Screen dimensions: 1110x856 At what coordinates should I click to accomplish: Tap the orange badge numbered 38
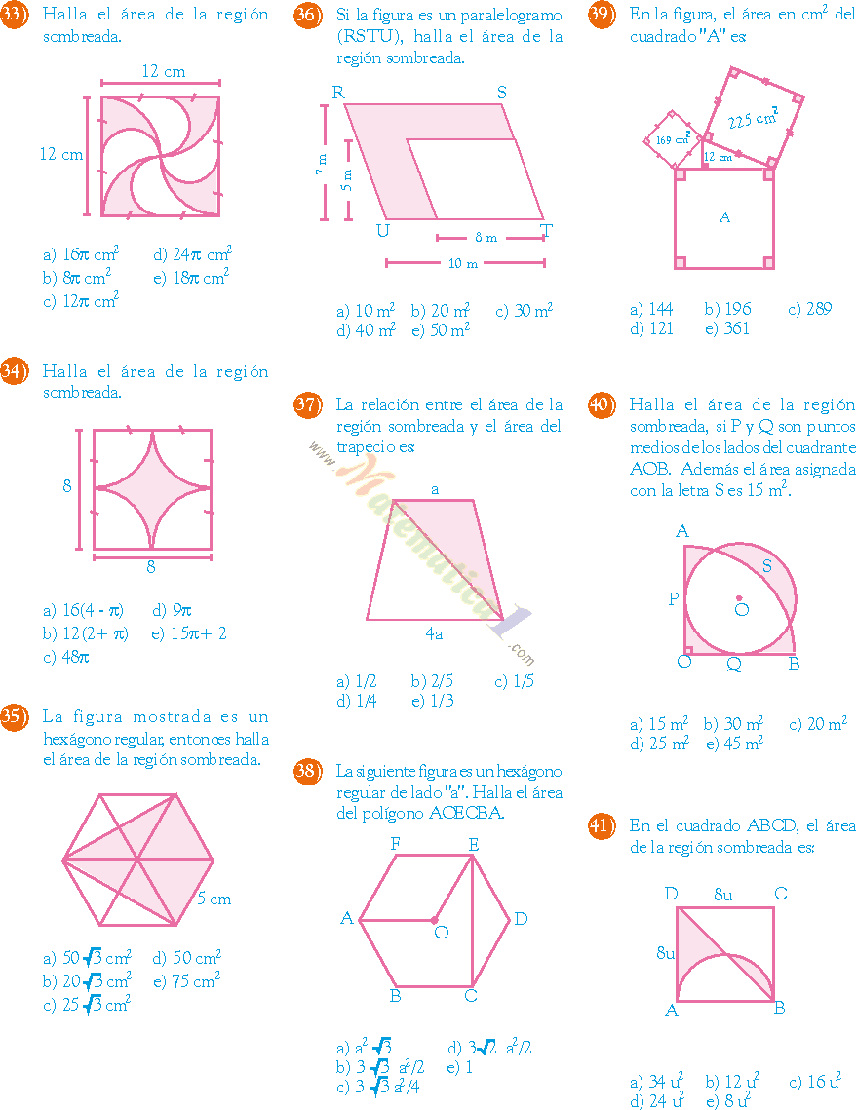tap(307, 771)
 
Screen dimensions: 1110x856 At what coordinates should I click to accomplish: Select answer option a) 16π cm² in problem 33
tap(81, 255)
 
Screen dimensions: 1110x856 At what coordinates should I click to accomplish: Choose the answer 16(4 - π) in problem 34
tap(84, 611)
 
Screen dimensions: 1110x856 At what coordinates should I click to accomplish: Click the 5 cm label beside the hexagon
tap(214, 899)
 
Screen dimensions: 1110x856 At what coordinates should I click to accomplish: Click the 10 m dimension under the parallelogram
tap(463, 263)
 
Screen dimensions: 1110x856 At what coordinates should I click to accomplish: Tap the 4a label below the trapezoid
tap(434, 634)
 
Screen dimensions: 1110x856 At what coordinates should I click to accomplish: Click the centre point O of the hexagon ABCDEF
tap(435, 919)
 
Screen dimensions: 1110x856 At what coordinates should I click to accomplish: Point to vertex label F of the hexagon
tap(396, 844)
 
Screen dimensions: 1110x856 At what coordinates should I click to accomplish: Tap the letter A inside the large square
tap(724, 218)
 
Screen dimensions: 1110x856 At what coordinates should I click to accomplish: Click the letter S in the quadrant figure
tap(766, 565)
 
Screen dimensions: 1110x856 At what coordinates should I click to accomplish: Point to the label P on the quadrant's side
tap(673, 599)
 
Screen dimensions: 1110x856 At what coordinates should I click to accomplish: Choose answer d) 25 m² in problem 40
tap(659, 744)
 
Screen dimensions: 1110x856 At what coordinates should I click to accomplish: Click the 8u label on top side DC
tap(724, 894)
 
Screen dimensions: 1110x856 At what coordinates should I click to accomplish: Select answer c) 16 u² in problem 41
tap(814, 1081)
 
